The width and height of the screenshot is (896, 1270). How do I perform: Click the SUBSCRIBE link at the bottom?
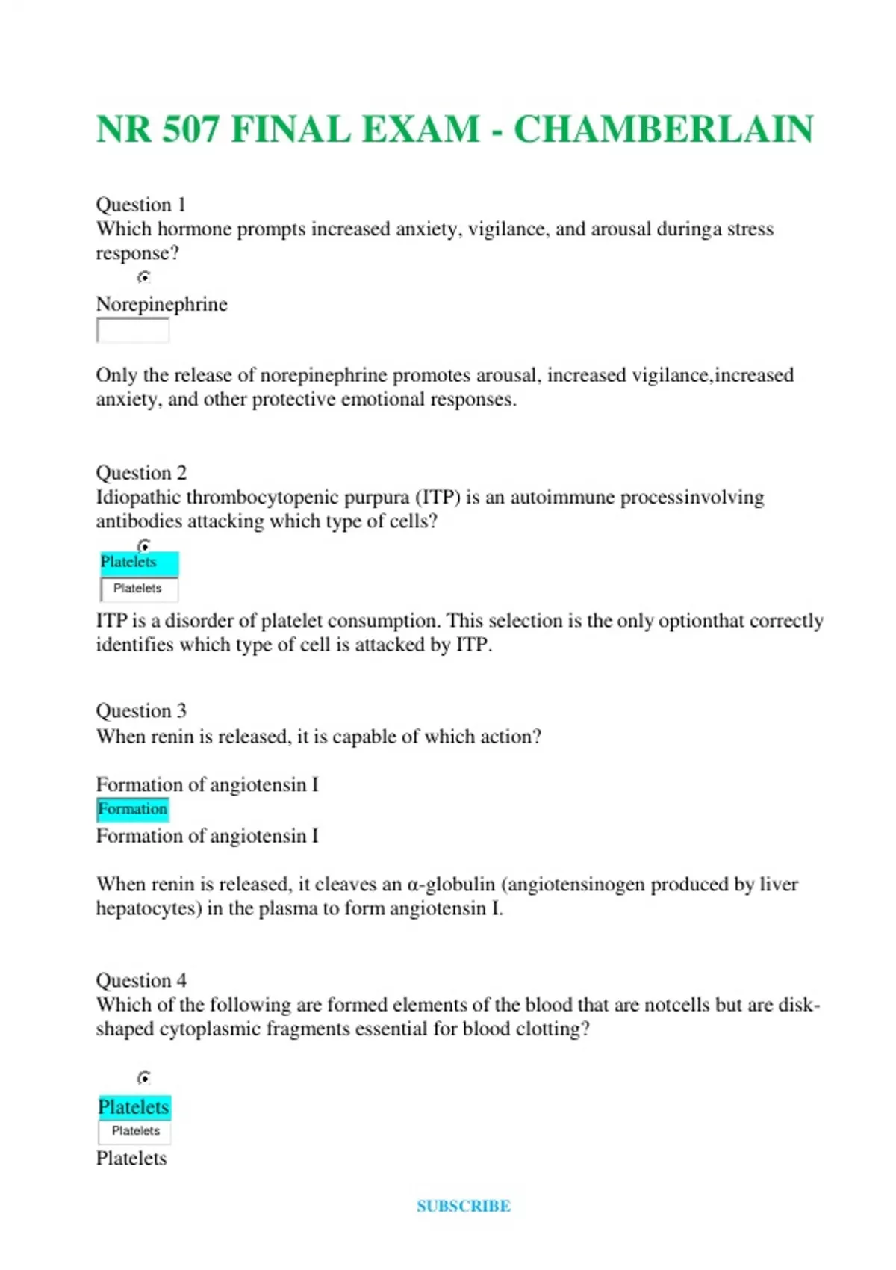[x=463, y=1206]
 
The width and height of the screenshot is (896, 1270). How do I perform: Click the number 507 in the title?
[x=190, y=129]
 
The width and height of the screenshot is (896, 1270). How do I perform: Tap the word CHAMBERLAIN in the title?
[x=663, y=129]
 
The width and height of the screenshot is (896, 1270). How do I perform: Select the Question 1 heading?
[x=140, y=205]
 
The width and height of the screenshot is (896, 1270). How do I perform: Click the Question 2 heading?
[x=141, y=473]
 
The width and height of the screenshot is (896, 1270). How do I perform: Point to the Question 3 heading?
[x=141, y=710]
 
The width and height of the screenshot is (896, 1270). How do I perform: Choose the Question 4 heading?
[x=141, y=980]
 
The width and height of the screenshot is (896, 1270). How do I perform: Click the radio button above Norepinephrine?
[x=144, y=277]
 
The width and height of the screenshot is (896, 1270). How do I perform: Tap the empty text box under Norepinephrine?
[x=133, y=330]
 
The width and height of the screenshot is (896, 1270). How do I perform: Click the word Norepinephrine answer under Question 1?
[x=161, y=304]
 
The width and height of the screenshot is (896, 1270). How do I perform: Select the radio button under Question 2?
[x=144, y=545]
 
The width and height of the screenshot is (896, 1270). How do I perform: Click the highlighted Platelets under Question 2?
[x=128, y=562]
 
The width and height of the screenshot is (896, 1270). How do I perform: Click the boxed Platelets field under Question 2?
[x=139, y=589]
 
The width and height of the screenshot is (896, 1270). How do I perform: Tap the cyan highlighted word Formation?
[x=133, y=809]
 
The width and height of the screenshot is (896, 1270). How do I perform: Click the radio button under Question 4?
[x=144, y=1077]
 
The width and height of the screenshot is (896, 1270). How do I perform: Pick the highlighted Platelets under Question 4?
[x=134, y=1107]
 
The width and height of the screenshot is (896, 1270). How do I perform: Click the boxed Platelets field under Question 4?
[x=135, y=1131]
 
